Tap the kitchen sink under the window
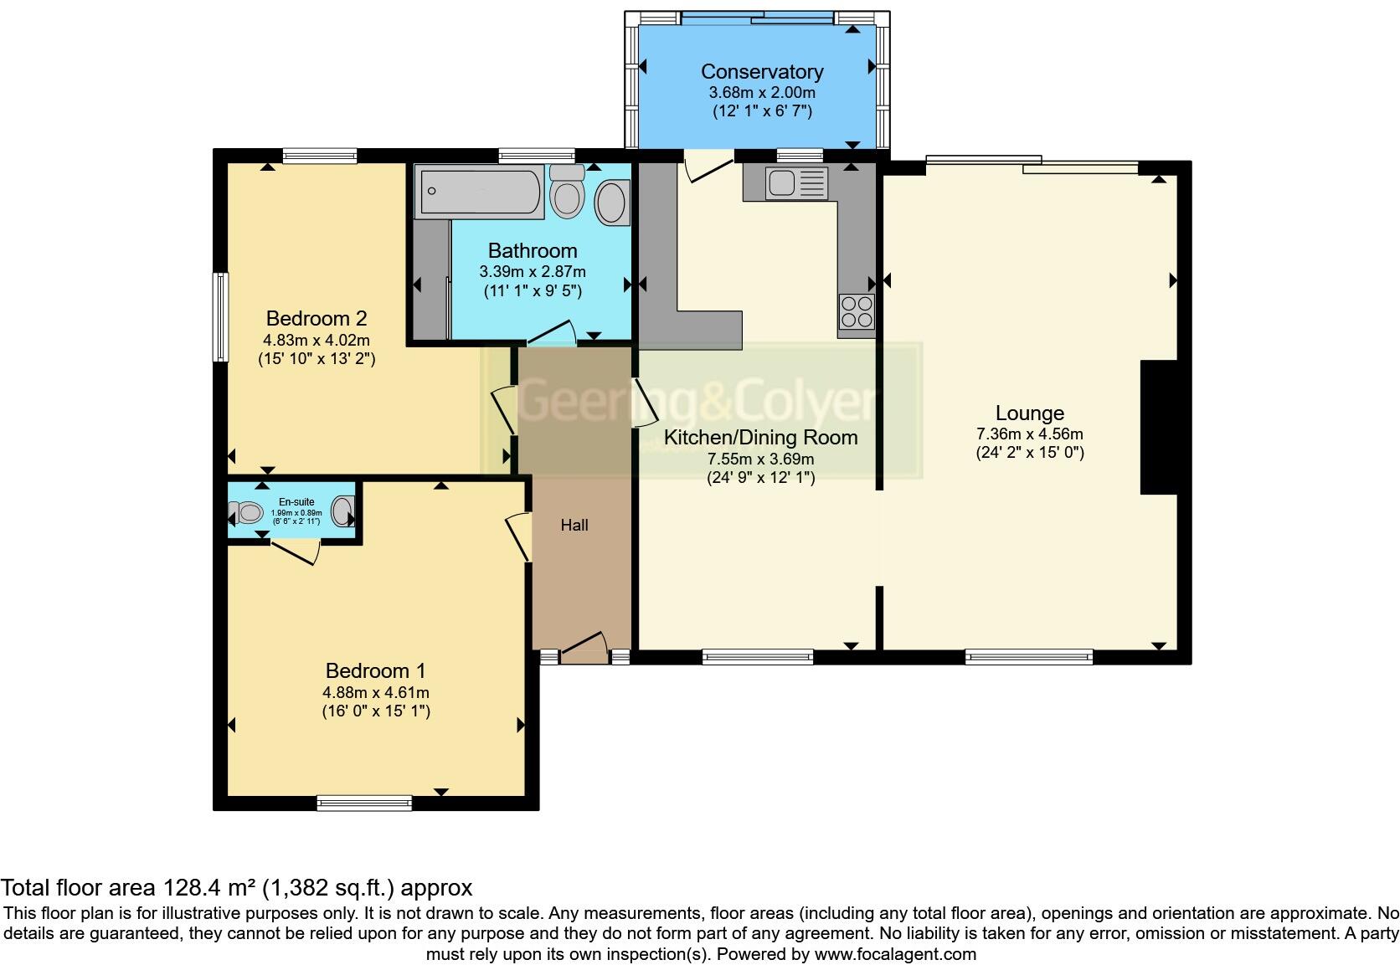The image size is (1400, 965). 785,182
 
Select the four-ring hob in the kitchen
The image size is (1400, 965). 857,312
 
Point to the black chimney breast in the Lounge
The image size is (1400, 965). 1159,428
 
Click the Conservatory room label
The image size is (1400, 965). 761,72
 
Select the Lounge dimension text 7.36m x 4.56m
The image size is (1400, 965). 1029,434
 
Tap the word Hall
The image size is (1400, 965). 574,526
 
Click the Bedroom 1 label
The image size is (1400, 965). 375,670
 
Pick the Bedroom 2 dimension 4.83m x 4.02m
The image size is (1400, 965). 316,341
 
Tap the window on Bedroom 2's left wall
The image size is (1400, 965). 220,317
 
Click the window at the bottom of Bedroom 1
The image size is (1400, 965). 364,803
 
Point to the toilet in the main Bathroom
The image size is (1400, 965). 568,194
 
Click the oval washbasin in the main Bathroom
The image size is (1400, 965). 612,203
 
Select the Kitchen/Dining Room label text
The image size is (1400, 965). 760,438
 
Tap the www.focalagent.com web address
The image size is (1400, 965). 894,954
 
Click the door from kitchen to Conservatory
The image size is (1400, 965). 708,168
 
